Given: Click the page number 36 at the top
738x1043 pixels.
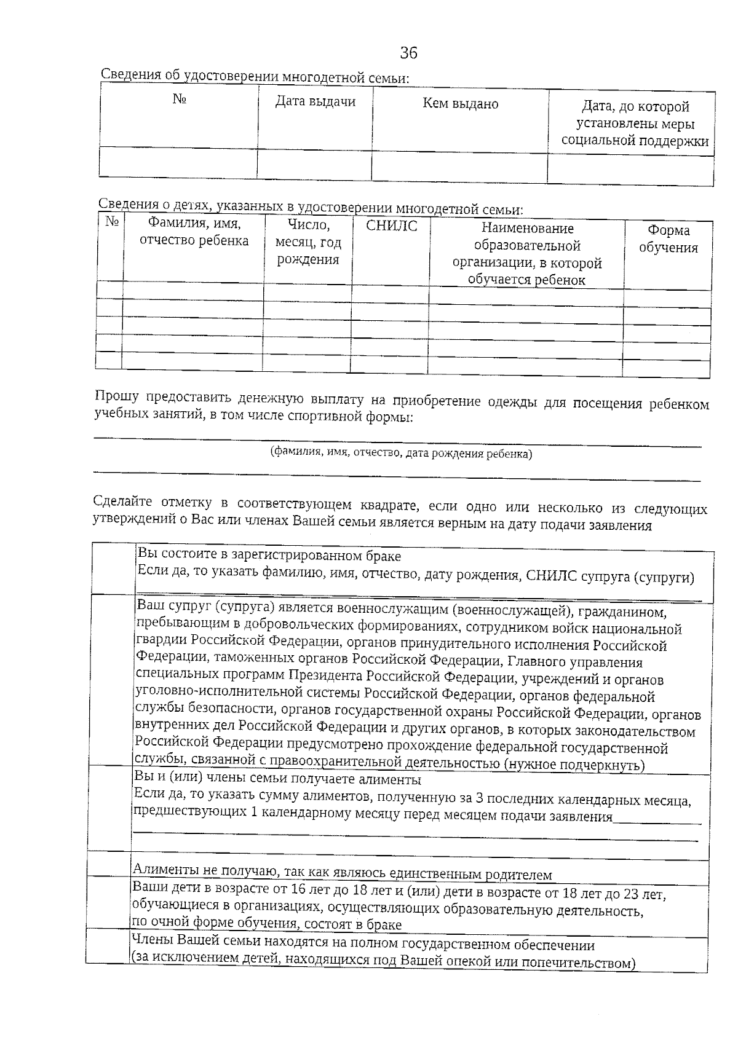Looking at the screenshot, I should pos(408,53).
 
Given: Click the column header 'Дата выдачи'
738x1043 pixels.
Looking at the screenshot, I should pos(315,101).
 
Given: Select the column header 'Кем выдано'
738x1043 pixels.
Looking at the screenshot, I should pos(460,104).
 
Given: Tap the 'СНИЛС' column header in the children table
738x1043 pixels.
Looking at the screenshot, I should pos(391,226).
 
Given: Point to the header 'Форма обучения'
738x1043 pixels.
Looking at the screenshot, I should pos(668,239).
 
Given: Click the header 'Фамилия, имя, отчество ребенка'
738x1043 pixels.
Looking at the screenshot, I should pos(194,232).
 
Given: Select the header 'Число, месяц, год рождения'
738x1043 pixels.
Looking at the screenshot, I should pos(307,242).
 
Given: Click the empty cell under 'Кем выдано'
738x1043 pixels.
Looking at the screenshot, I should pos(459,168).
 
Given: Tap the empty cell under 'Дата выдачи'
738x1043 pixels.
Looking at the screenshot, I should pos(314,165).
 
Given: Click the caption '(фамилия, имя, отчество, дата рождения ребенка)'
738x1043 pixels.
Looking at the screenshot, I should pos(401,454).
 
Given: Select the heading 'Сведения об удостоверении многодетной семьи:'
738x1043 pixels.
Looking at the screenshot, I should pos(255,76).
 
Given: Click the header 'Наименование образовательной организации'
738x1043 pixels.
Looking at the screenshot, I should pos(526,254).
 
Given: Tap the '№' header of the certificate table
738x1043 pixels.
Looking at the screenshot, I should pos(179,99).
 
